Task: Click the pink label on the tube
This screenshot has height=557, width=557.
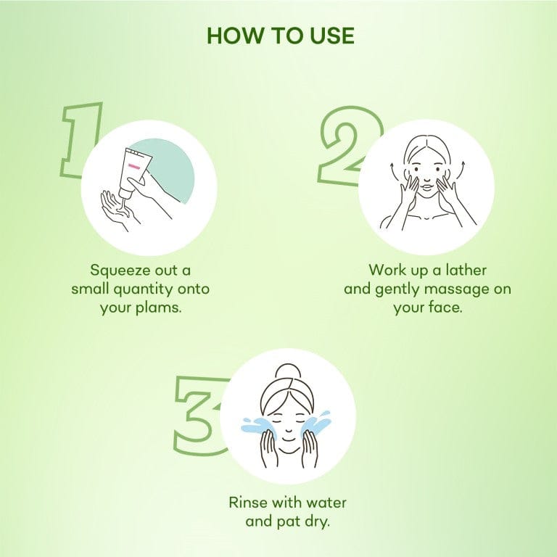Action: (134, 166)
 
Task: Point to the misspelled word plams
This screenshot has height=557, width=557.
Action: (159, 308)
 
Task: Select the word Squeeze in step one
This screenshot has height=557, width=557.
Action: (120, 271)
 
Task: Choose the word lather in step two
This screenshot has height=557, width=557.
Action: (466, 270)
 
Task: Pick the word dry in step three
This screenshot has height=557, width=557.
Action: (318, 522)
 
